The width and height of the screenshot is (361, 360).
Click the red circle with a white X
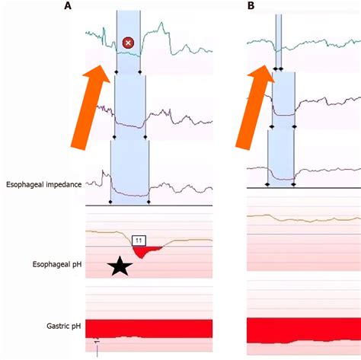click(x=128, y=43)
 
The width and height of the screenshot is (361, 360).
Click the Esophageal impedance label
click(x=44, y=184)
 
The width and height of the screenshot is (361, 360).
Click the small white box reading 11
click(x=139, y=240)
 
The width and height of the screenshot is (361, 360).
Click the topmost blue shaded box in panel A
click(x=127, y=42)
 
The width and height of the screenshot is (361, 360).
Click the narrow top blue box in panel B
click(x=278, y=38)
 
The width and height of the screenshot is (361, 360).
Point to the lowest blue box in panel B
click(x=280, y=156)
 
